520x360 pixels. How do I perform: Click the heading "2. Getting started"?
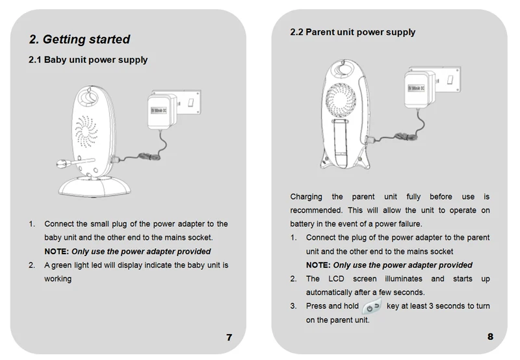(80, 40)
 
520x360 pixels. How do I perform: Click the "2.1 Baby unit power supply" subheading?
(88, 60)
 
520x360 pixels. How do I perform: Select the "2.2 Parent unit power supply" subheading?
(352, 32)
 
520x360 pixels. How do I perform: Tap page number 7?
(229, 337)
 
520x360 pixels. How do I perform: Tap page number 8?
(490, 337)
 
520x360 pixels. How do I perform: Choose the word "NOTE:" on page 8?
(318, 265)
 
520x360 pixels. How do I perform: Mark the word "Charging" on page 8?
(306, 197)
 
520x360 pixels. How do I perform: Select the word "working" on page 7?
(58, 279)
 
